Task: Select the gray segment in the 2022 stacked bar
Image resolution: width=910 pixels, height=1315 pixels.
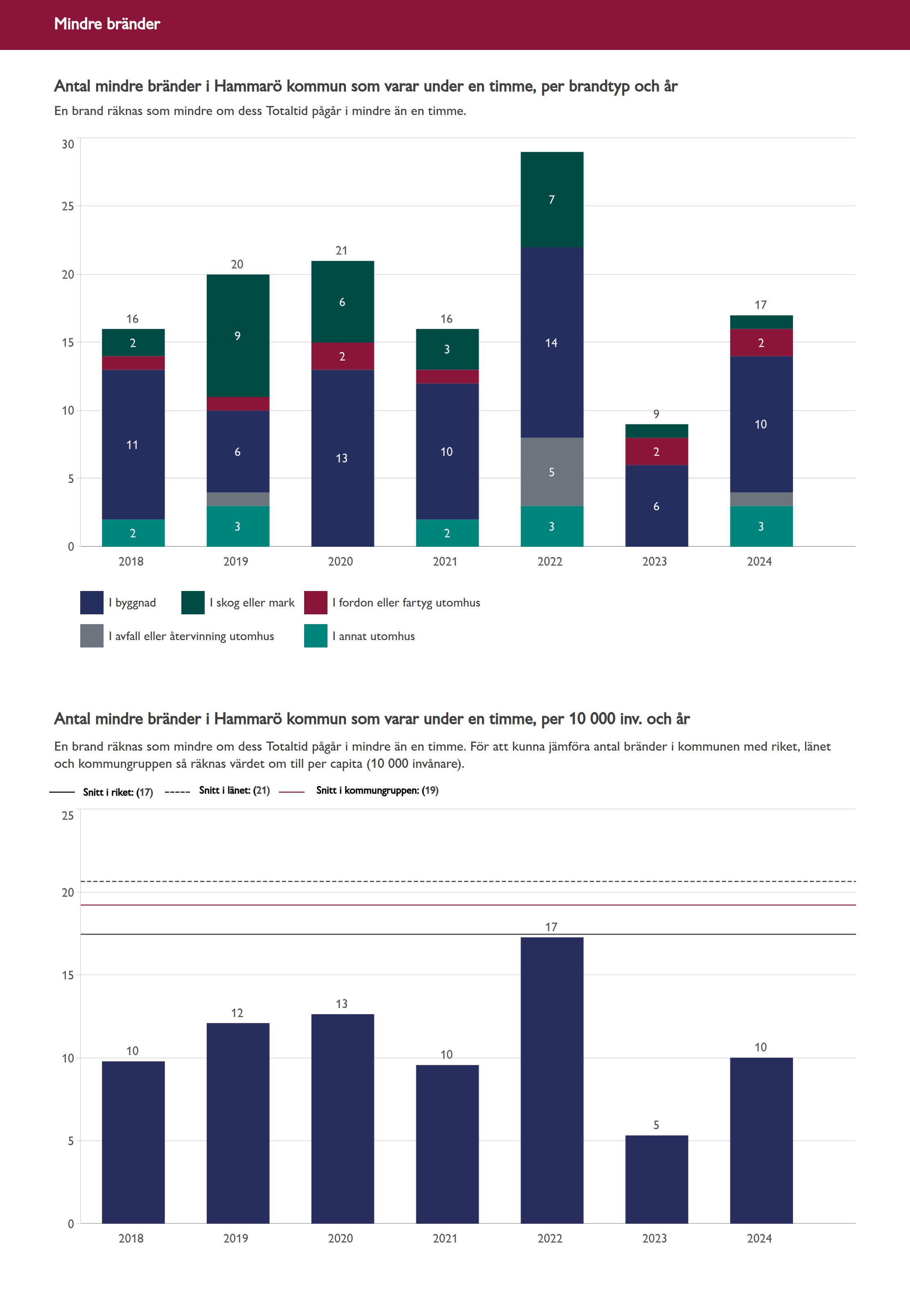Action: pyautogui.click(x=551, y=471)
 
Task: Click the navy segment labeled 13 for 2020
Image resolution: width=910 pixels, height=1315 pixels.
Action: pyautogui.click(x=342, y=458)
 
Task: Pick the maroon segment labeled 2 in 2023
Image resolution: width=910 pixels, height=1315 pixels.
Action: pyautogui.click(x=656, y=451)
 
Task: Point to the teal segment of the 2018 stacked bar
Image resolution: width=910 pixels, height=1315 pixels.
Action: pyautogui.click(x=133, y=533)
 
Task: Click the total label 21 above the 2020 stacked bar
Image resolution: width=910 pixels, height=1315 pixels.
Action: pyautogui.click(x=341, y=250)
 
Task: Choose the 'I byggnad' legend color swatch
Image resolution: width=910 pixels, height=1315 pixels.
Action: pyautogui.click(x=92, y=602)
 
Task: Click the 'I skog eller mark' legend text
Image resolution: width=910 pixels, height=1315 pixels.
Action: pyautogui.click(x=252, y=602)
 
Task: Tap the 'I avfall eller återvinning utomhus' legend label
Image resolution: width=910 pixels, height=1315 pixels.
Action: pyautogui.click(x=191, y=636)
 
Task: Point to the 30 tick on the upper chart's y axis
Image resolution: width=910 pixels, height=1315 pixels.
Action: pyautogui.click(x=68, y=144)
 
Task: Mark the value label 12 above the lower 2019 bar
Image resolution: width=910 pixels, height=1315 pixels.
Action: pyautogui.click(x=237, y=1013)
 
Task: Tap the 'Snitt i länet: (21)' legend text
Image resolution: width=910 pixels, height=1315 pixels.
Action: pyautogui.click(x=234, y=790)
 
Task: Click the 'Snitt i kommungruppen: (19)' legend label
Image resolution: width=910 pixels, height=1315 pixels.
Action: pyautogui.click(x=377, y=790)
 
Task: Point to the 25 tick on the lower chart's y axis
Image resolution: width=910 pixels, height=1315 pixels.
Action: pyautogui.click(x=68, y=816)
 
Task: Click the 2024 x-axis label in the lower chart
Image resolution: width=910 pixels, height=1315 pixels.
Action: pyautogui.click(x=759, y=1238)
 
